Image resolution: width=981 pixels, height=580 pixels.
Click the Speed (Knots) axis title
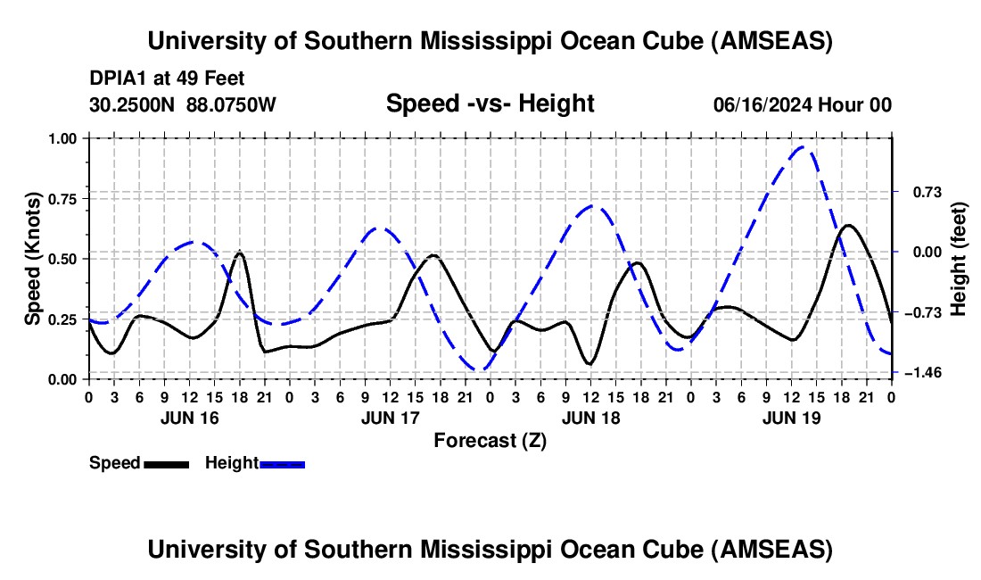tap(32, 259)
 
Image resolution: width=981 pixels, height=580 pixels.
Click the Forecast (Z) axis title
tap(490, 440)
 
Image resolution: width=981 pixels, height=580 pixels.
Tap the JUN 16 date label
tap(189, 418)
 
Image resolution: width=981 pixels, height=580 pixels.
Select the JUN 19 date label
tap(792, 418)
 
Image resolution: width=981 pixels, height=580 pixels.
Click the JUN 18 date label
tap(590, 418)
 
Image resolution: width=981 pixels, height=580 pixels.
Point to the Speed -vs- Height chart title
tap(490, 104)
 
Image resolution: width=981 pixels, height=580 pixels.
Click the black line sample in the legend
tap(167, 463)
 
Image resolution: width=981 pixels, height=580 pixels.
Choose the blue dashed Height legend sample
tap(283, 463)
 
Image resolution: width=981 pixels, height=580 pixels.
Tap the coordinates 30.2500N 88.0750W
tap(183, 105)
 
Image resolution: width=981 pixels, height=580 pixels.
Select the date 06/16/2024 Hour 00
tap(802, 105)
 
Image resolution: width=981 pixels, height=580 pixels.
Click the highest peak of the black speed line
tap(847, 225)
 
